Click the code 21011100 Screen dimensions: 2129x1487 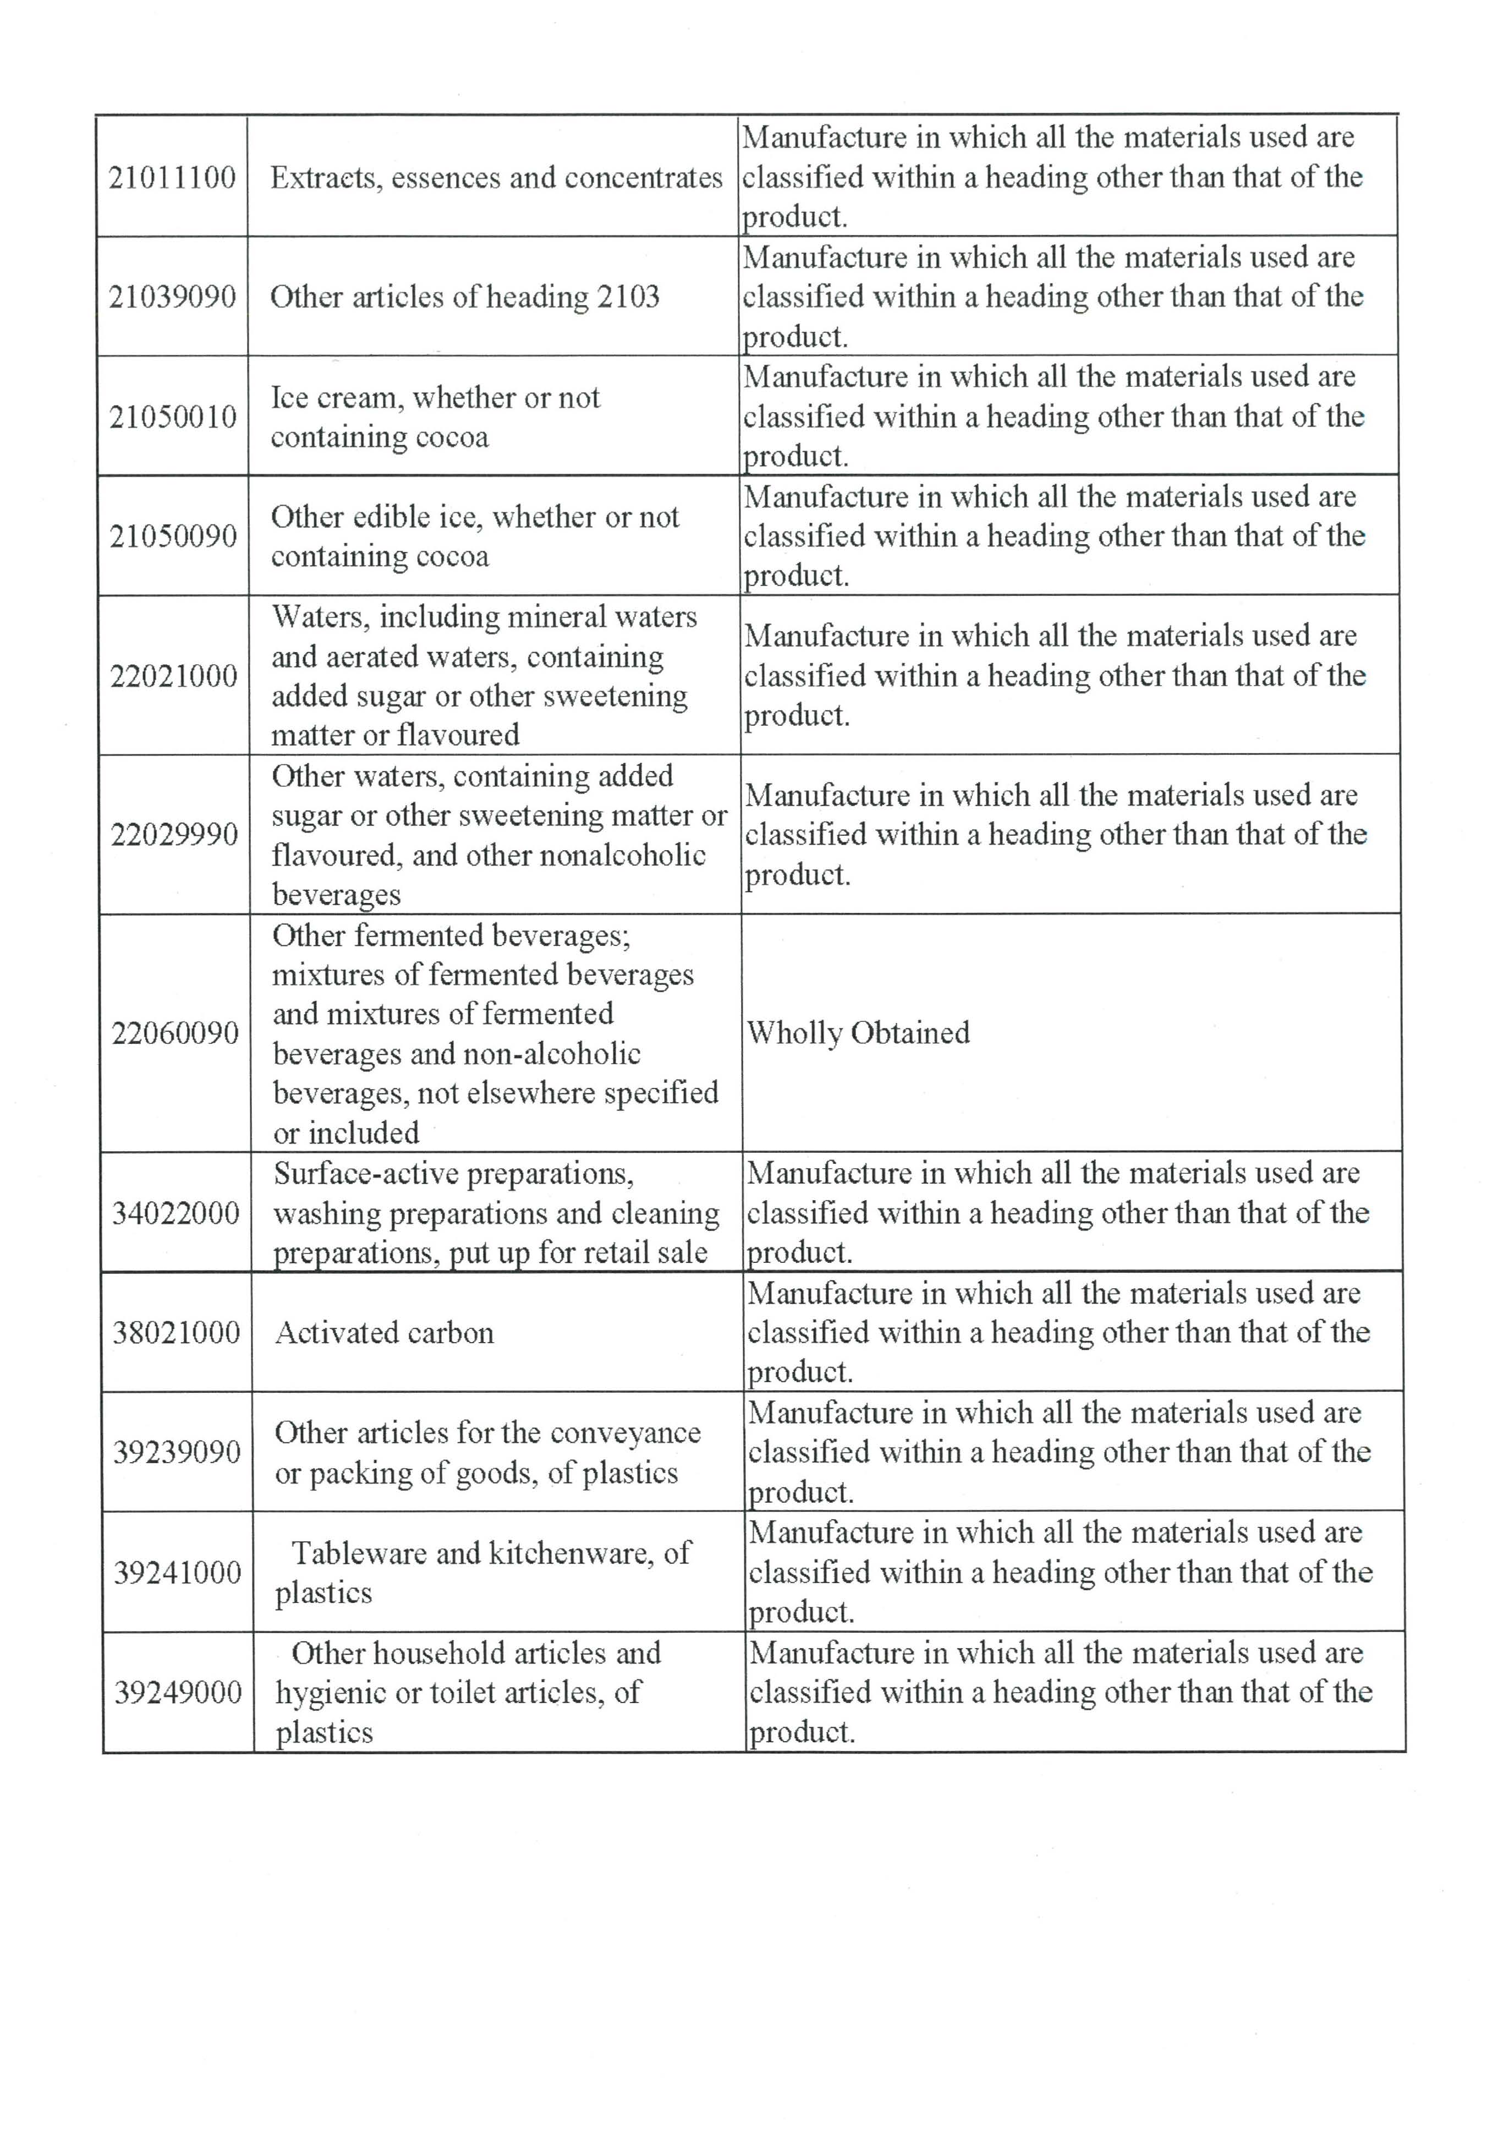pos(172,177)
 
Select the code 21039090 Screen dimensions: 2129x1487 pos(172,297)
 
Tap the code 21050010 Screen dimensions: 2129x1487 pos(173,417)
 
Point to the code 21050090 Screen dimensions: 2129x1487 pos(173,536)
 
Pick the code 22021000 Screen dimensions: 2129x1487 pos(174,676)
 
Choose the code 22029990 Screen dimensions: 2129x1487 pos(174,835)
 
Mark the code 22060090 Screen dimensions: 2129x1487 pos(175,1033)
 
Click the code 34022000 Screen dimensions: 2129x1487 pos(176,1213)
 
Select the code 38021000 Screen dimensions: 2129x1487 pos(176,1332)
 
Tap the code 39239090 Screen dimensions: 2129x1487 pos(177,1452)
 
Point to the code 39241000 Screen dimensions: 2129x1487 pos(177,1573)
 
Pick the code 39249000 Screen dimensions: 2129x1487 pos(178,1692)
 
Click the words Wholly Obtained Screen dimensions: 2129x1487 pos(858,1033)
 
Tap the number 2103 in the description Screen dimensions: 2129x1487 pos(628,297)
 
